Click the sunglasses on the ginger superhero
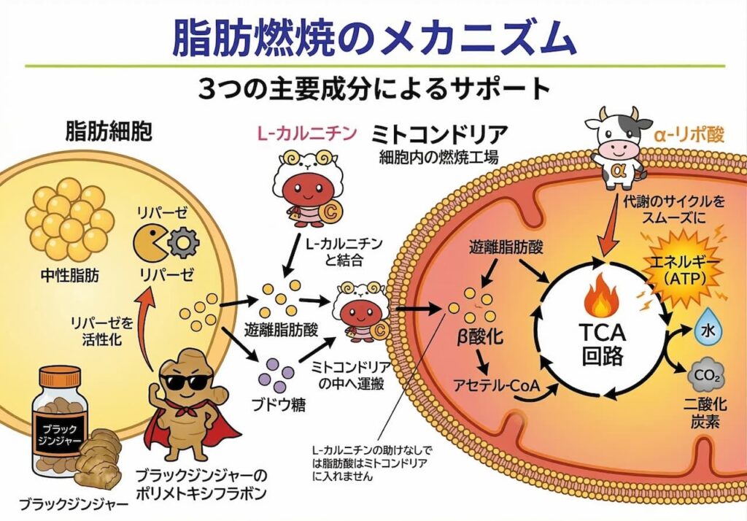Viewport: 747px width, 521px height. (184, 381)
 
